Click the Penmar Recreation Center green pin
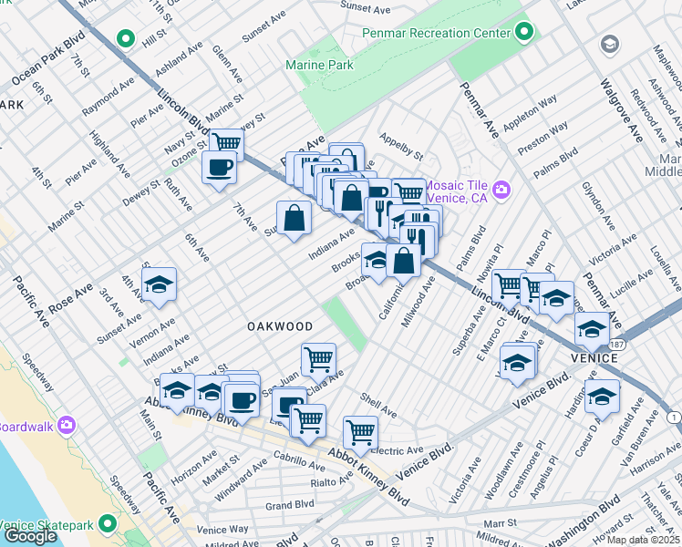[x=523, y=33]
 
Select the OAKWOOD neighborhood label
[x=279, y=325]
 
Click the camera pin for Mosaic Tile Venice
[x=501, y=191]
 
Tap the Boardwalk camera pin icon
[x=66, y=426]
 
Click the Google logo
[x=30, y=536]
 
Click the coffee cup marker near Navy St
[x=219, y=168]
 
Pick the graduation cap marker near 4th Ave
[x=159, y=285]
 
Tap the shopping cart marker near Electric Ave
[x=361, y=432]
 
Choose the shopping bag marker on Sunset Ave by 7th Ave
[x=294, y=219]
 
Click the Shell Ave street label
[x=378, y=405]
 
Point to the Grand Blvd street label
[x=289, y=503]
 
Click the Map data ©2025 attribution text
[x=643, y=540]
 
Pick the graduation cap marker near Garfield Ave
[x=602, y=396]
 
